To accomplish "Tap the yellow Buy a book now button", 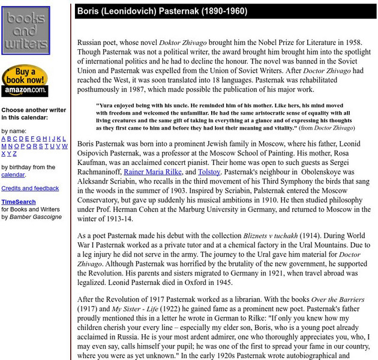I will [25, 76].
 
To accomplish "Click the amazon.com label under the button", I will [25, 91].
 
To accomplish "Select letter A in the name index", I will [4, 139].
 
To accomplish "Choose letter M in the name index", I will [4, 146].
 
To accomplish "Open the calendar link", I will [13, 175].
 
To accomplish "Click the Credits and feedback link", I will [30, 188].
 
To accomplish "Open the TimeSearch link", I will [18, 202].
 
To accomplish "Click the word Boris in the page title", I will [90, 11].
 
